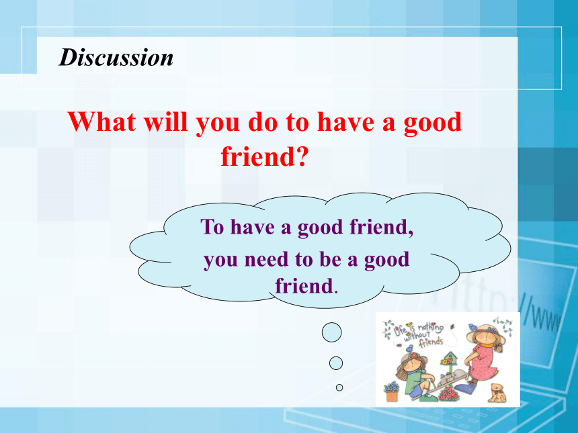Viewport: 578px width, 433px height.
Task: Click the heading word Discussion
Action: coord(116,58)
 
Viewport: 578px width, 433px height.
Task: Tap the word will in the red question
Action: coord(166,122)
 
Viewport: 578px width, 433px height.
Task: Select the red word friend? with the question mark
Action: coord(264,156)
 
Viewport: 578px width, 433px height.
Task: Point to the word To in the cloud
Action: coord(212,226)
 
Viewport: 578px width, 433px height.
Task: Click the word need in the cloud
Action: coord(266,259)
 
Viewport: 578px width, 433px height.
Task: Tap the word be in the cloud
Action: coord(330,259)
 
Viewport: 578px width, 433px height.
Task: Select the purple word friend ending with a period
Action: coord(306,286)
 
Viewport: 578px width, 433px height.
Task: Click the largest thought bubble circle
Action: coord(332,332)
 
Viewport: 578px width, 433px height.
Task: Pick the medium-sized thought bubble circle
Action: coord(336,363)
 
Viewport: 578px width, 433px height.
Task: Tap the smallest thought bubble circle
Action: coord(339,387)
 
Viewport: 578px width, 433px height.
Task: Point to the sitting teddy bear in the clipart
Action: coord(497,393)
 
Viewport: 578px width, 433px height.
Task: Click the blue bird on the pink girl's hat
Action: coord(472,326)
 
